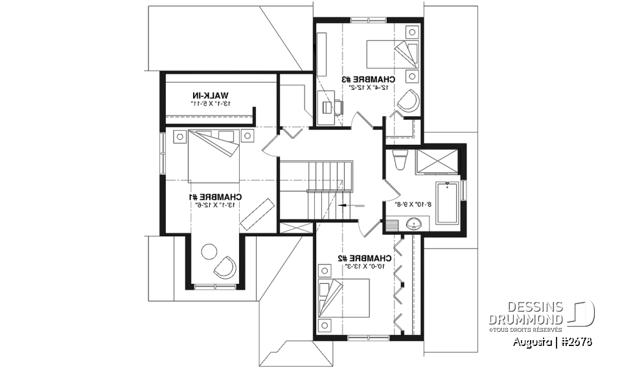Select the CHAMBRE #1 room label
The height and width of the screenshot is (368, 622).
coord(216,197)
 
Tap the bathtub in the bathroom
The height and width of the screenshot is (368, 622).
coord(447,202)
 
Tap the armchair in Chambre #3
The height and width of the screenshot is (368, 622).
coord(408,100)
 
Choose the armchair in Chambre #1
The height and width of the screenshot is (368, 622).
coord(225,266)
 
